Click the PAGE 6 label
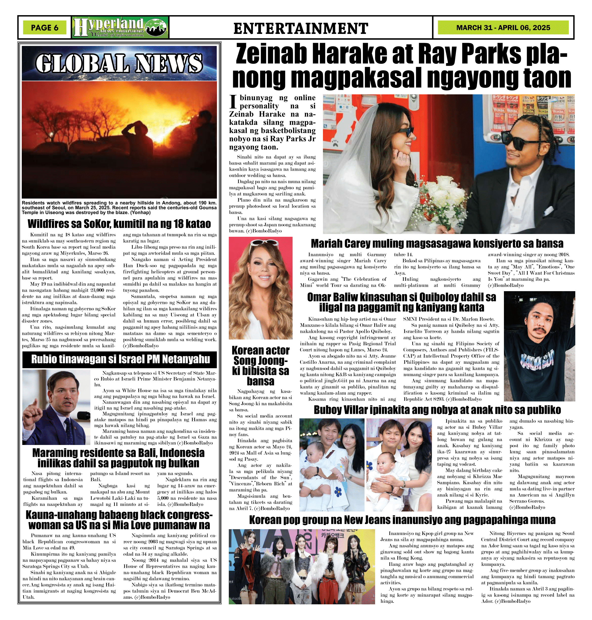click(x=45, y=27)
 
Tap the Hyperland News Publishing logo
click(x=120, y=27)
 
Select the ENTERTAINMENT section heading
click(x=300, y=28)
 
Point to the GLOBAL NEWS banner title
click(x=119, y=63)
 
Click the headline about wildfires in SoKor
click(x=119, y=224)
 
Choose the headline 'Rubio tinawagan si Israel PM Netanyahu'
click(x=120, y=359)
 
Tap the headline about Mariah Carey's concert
click(x=437, y=243)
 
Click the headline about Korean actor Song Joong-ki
click(x=260, y=365)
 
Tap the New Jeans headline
click(x=402, y=520)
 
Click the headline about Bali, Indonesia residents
click(x=118, y=458)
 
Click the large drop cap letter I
click(x=233, y=101)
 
